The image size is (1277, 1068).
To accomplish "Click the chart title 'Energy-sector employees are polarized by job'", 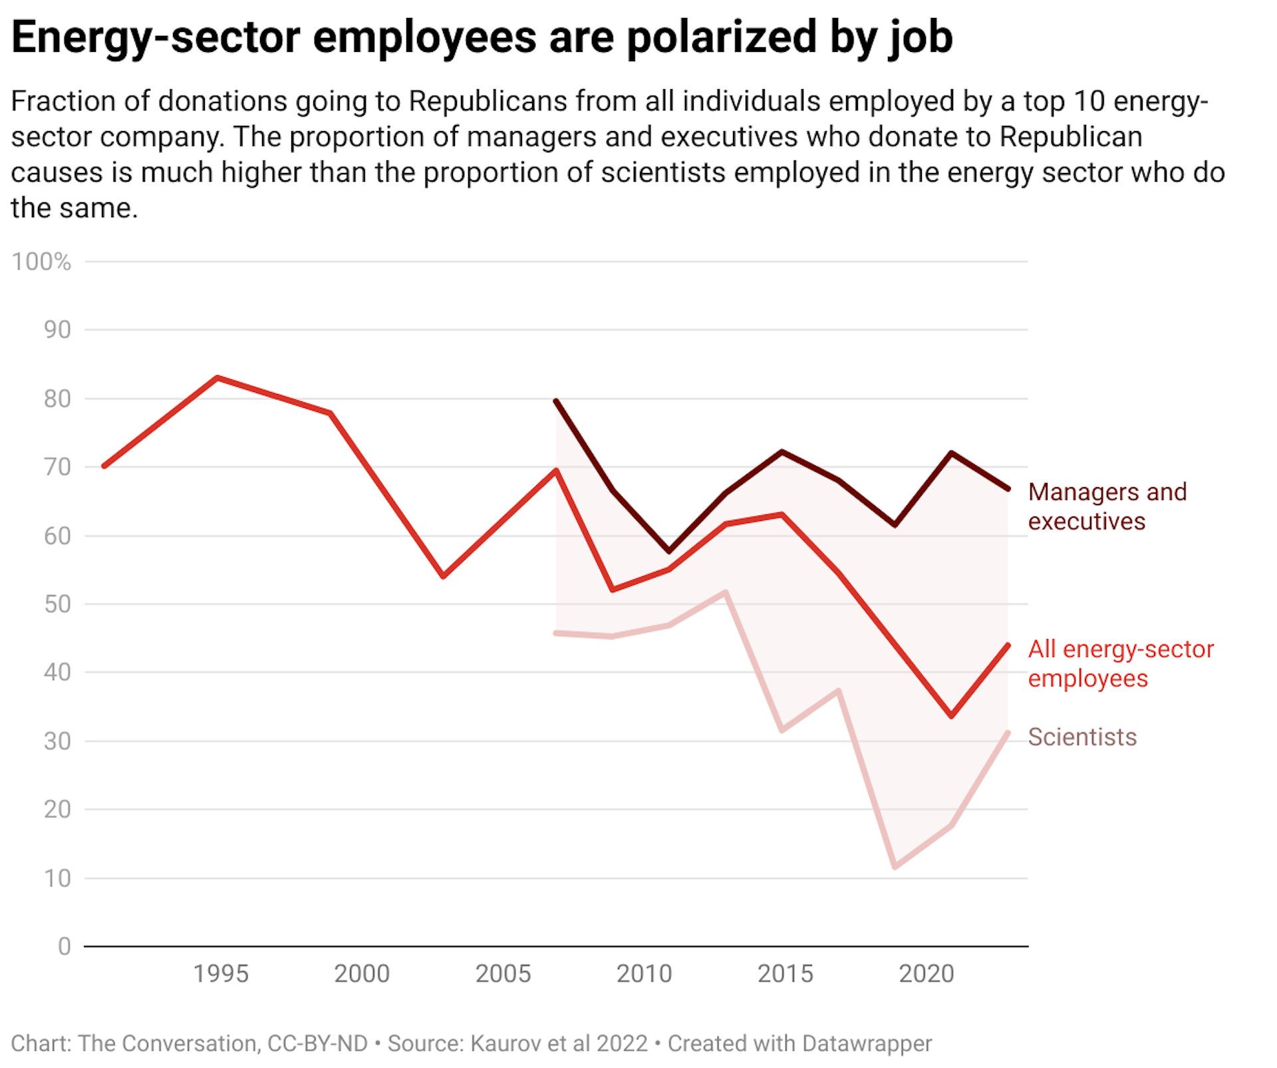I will (x=482, y=37).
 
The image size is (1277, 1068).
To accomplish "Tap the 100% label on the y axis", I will (x=41, y=262).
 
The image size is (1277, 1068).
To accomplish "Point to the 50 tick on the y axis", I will (x=57, y=604).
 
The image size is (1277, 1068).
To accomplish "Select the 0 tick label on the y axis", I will (x=64, y=946).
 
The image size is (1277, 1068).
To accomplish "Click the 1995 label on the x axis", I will (x=220, y=974).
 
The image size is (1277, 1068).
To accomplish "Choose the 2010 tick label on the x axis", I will (x=644, y=974).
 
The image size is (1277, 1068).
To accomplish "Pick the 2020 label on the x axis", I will (x=926, y=974).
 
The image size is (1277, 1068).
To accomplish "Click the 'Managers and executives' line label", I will (x=1107, y=506).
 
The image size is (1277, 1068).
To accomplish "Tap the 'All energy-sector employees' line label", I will (x=1121, y=663).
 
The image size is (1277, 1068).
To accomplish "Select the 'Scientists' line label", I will (x=1082, y=737).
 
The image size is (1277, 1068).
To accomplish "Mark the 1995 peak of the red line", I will (x=217, y=378).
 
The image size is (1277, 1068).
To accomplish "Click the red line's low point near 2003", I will (x=443, y=576).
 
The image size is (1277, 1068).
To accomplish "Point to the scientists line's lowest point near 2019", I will (x=895, y=867).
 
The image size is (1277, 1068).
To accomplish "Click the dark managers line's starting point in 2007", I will (x=556, y=401).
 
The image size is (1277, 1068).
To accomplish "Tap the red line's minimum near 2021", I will (x=951, y=716).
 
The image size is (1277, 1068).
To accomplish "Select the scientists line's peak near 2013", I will (x=725, y=592).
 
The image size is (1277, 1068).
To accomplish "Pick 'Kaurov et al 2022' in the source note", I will (x=559, y=1043).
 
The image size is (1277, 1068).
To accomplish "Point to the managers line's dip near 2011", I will (x=668, y=552).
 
